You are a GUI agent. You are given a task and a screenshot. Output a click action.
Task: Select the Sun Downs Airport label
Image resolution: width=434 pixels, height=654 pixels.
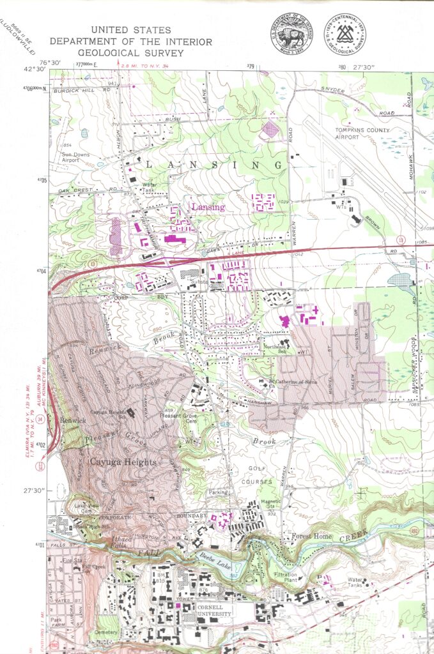(x=75, y=157)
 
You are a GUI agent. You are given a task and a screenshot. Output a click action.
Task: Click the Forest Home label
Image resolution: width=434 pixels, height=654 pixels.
(x=312, y=536)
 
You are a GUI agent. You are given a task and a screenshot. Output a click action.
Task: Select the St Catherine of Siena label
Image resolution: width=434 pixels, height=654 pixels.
(x=286, y=383)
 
